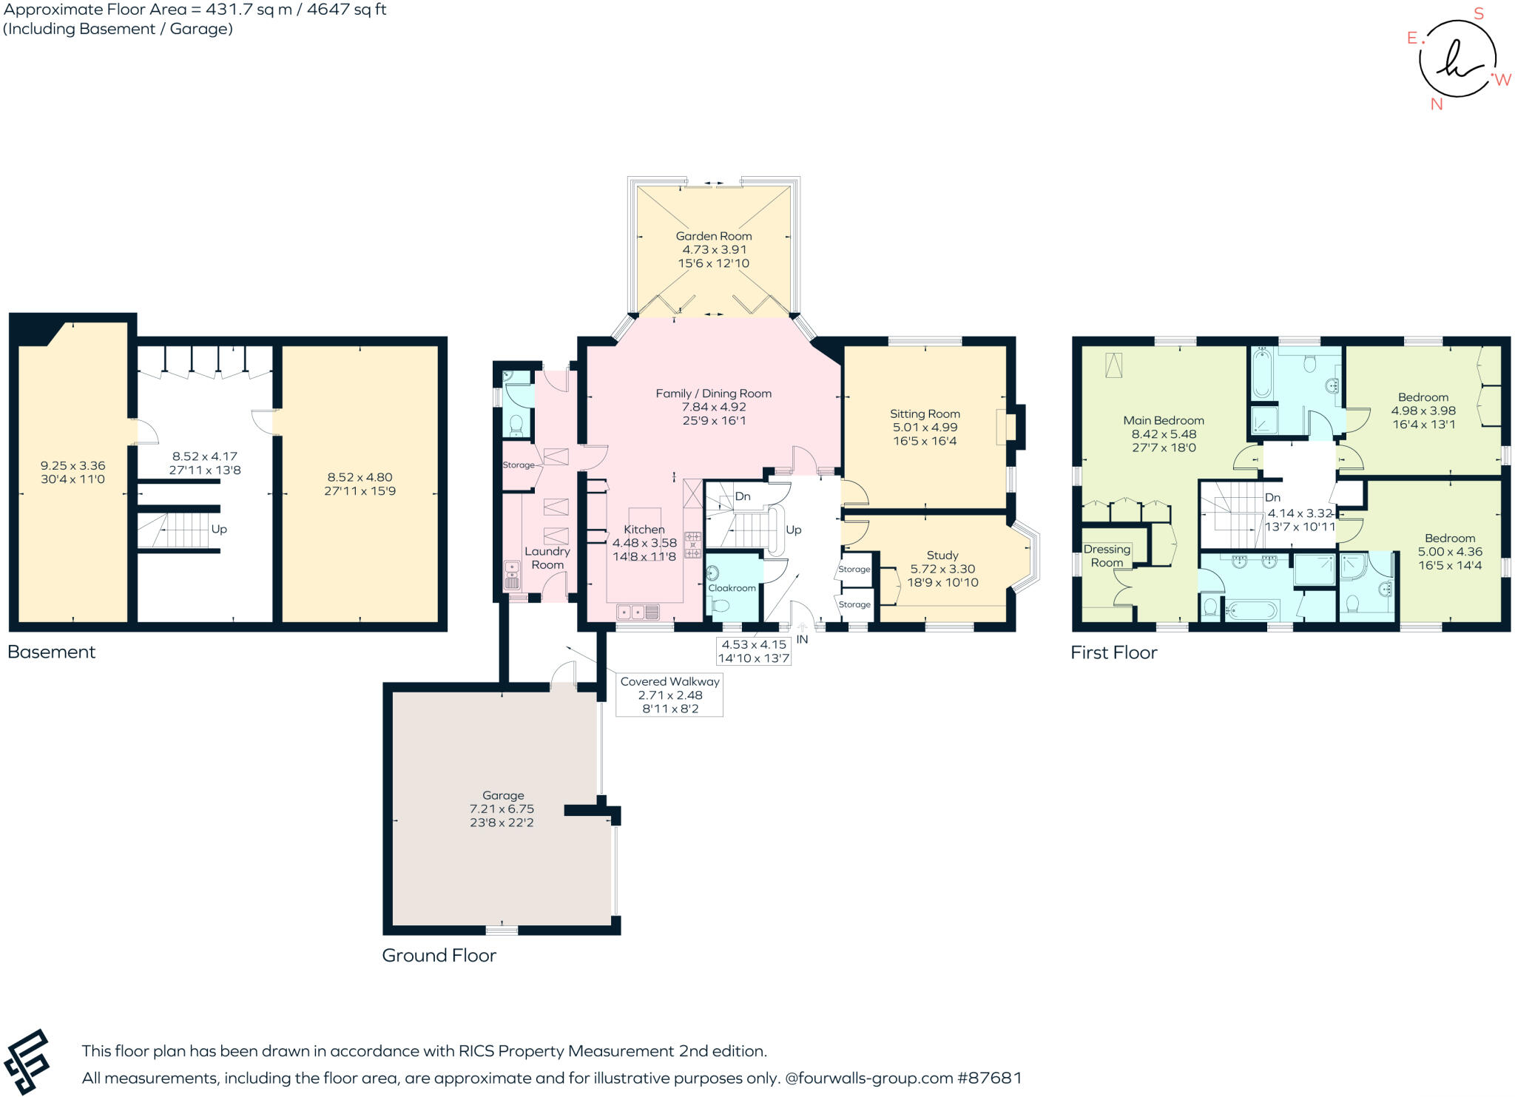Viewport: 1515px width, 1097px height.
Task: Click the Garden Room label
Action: point(713,236)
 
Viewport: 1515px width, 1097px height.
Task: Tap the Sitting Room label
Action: point(925,414)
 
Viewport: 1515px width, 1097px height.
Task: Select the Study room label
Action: point(942,556)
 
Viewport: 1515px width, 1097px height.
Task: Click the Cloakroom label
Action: point(732,588)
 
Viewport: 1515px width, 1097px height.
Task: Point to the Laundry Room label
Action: point(547,558)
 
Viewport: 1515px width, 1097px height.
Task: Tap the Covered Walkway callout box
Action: point(669,695)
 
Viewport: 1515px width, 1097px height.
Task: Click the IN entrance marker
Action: point(802,640)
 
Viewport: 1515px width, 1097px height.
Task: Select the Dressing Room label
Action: point(1107,556)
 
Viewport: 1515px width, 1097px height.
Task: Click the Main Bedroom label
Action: point(1163,421)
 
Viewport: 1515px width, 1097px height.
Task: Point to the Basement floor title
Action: point(52,652)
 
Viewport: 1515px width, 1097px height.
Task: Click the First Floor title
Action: point(1113,652)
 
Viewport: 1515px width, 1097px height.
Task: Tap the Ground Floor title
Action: point(439,955)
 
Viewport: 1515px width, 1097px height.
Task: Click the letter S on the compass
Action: point(1479,14)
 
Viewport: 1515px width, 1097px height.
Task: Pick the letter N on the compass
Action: point(1437,104)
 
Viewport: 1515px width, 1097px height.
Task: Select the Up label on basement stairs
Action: point(219,530)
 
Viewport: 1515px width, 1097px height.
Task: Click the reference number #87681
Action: point(990,1078)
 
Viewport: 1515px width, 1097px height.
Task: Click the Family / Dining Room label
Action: point(713,394)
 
